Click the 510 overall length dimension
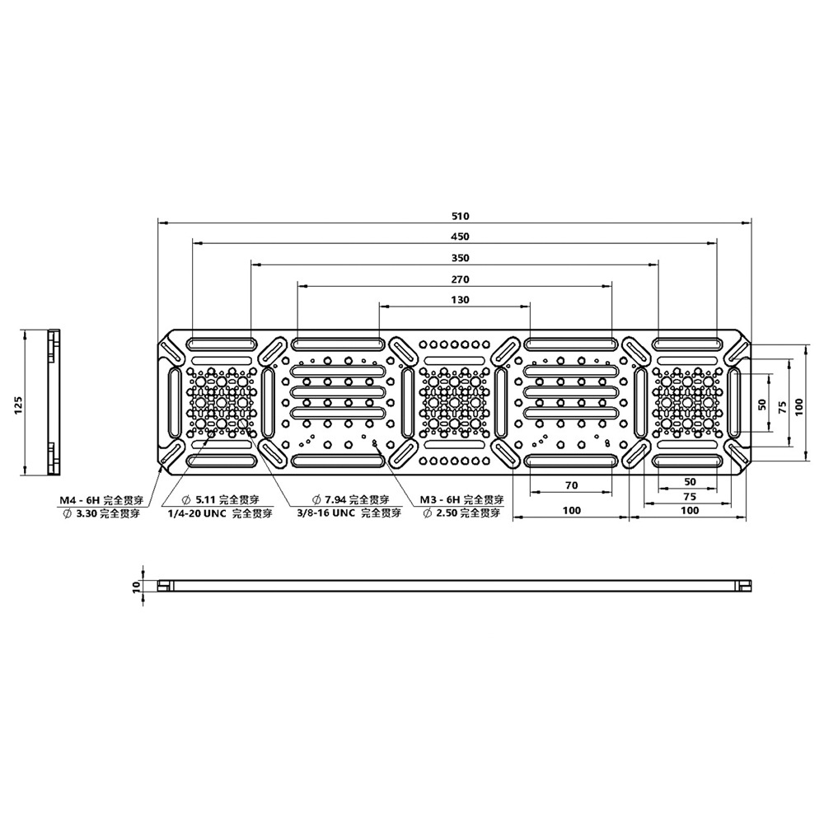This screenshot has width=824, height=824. tap(460, 216)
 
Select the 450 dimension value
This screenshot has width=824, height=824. tap(460, 237)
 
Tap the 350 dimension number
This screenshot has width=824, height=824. tap(460, 258)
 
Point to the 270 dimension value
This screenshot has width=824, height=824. tap(460, 279)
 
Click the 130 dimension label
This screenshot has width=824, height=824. tap(460, 300)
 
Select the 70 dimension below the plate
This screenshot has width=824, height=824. tap(571, 485)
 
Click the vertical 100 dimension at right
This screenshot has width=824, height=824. tap(798, 403)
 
